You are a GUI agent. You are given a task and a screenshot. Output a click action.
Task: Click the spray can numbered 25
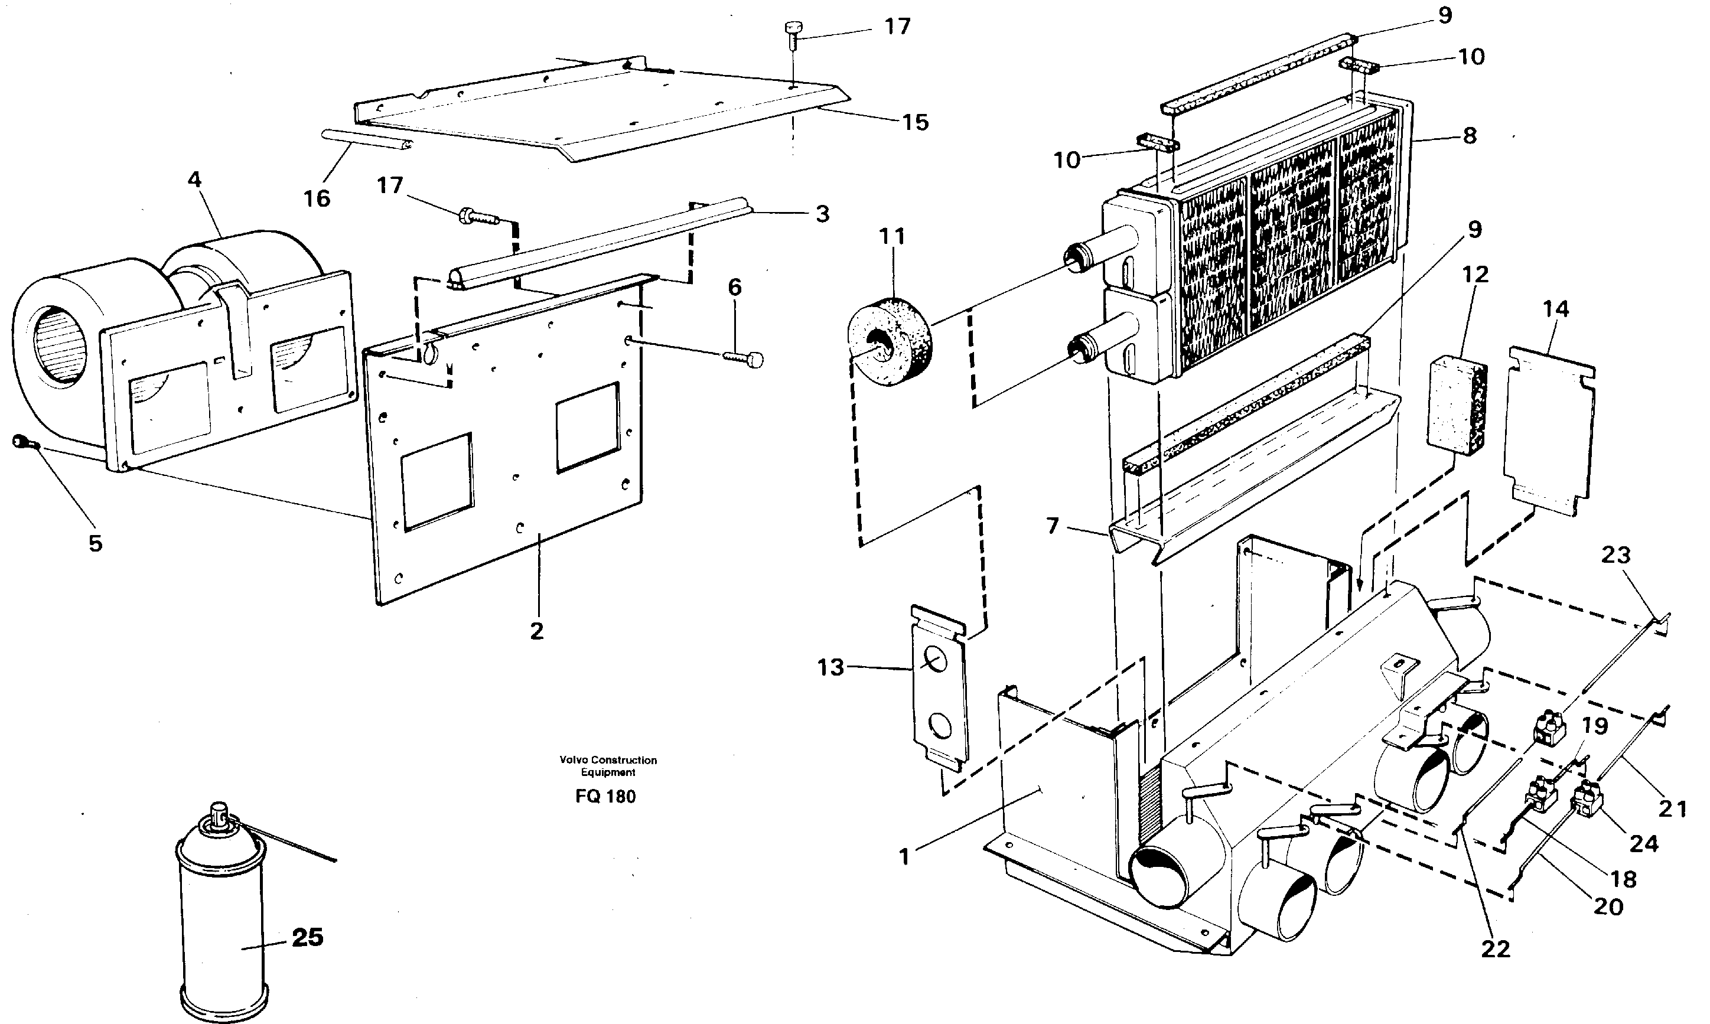click(x=222, y=918)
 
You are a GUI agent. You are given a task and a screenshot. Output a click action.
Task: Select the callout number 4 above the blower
click(x=194, y=181)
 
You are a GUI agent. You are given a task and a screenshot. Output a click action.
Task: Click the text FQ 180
click(x=605, y=796)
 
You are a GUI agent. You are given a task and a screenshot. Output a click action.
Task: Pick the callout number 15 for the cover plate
click(x=916, y=123)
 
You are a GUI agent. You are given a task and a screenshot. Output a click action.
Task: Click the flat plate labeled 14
click(x=1549, y=428)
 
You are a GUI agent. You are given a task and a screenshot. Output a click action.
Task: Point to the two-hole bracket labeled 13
click(x=939, y=690)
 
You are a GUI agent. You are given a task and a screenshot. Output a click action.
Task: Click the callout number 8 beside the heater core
click(x=1470, y=136)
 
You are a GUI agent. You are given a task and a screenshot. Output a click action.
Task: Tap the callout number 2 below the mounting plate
click(x=537, y=631)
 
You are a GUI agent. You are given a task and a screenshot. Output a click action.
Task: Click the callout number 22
click(x=1496, y=950)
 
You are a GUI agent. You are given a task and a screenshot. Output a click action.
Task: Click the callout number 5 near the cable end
click(x=95, y=544)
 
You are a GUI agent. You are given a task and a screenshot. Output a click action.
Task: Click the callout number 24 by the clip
click(x=1644, y=843)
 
